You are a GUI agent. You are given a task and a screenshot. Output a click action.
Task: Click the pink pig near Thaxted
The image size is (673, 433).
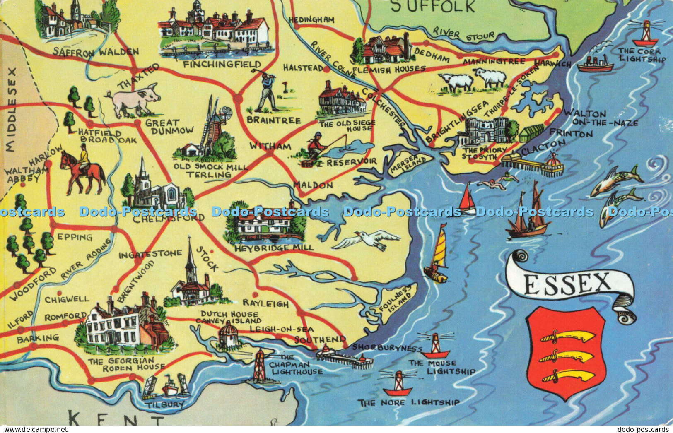pos(133,100)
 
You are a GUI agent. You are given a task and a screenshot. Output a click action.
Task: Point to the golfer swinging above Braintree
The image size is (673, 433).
pos(265,91)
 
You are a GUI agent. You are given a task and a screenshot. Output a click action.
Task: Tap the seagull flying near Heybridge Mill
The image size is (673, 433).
pos(367,240)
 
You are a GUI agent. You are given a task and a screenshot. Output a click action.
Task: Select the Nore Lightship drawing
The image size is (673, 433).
pos(398,384)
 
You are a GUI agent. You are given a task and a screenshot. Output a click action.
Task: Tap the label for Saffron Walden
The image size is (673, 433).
pos(96,52)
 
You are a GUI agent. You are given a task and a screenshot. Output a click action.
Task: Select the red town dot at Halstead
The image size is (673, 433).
pos(326,69)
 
